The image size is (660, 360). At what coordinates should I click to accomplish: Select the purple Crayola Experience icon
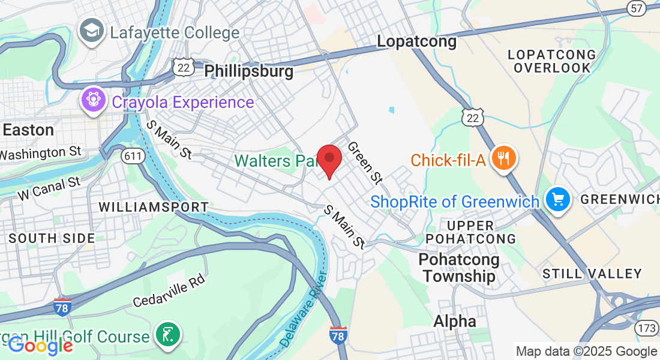pos(93,100)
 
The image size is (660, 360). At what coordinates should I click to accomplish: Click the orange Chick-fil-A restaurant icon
pos(503,158)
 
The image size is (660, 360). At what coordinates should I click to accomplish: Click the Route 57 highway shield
pos(638,8)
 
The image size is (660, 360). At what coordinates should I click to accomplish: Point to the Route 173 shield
pos(647,328)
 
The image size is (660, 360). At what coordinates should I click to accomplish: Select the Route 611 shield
pos(132,156)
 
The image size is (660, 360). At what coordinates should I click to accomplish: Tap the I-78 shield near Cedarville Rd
pos(62,307)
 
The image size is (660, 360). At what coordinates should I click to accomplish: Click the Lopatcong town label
pos(416,41)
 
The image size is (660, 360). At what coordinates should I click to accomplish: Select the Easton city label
pos(28,130)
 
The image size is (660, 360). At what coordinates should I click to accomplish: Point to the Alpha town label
pos(455,321)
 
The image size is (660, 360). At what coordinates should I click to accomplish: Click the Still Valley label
pos(592,274)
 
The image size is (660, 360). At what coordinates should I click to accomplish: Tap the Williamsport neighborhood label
pos(153,207)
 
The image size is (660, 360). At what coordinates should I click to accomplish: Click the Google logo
pos(40,346)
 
